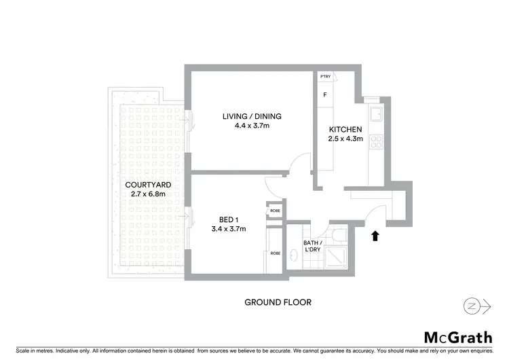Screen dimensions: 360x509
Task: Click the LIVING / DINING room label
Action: (252, 116)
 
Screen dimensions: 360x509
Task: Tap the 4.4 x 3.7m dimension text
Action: (252, 126)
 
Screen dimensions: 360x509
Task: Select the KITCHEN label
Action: (345, 130)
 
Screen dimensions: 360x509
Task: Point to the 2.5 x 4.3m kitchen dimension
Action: (345, 139)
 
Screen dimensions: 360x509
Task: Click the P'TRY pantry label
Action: (325, 77)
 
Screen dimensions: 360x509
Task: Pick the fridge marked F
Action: (325, 95)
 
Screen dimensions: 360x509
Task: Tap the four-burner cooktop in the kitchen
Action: (375, 143)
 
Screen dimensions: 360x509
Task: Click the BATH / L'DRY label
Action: (312, 246)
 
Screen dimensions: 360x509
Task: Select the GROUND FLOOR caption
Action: (278, 302)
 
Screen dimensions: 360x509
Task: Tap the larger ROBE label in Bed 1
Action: (275, 253)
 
